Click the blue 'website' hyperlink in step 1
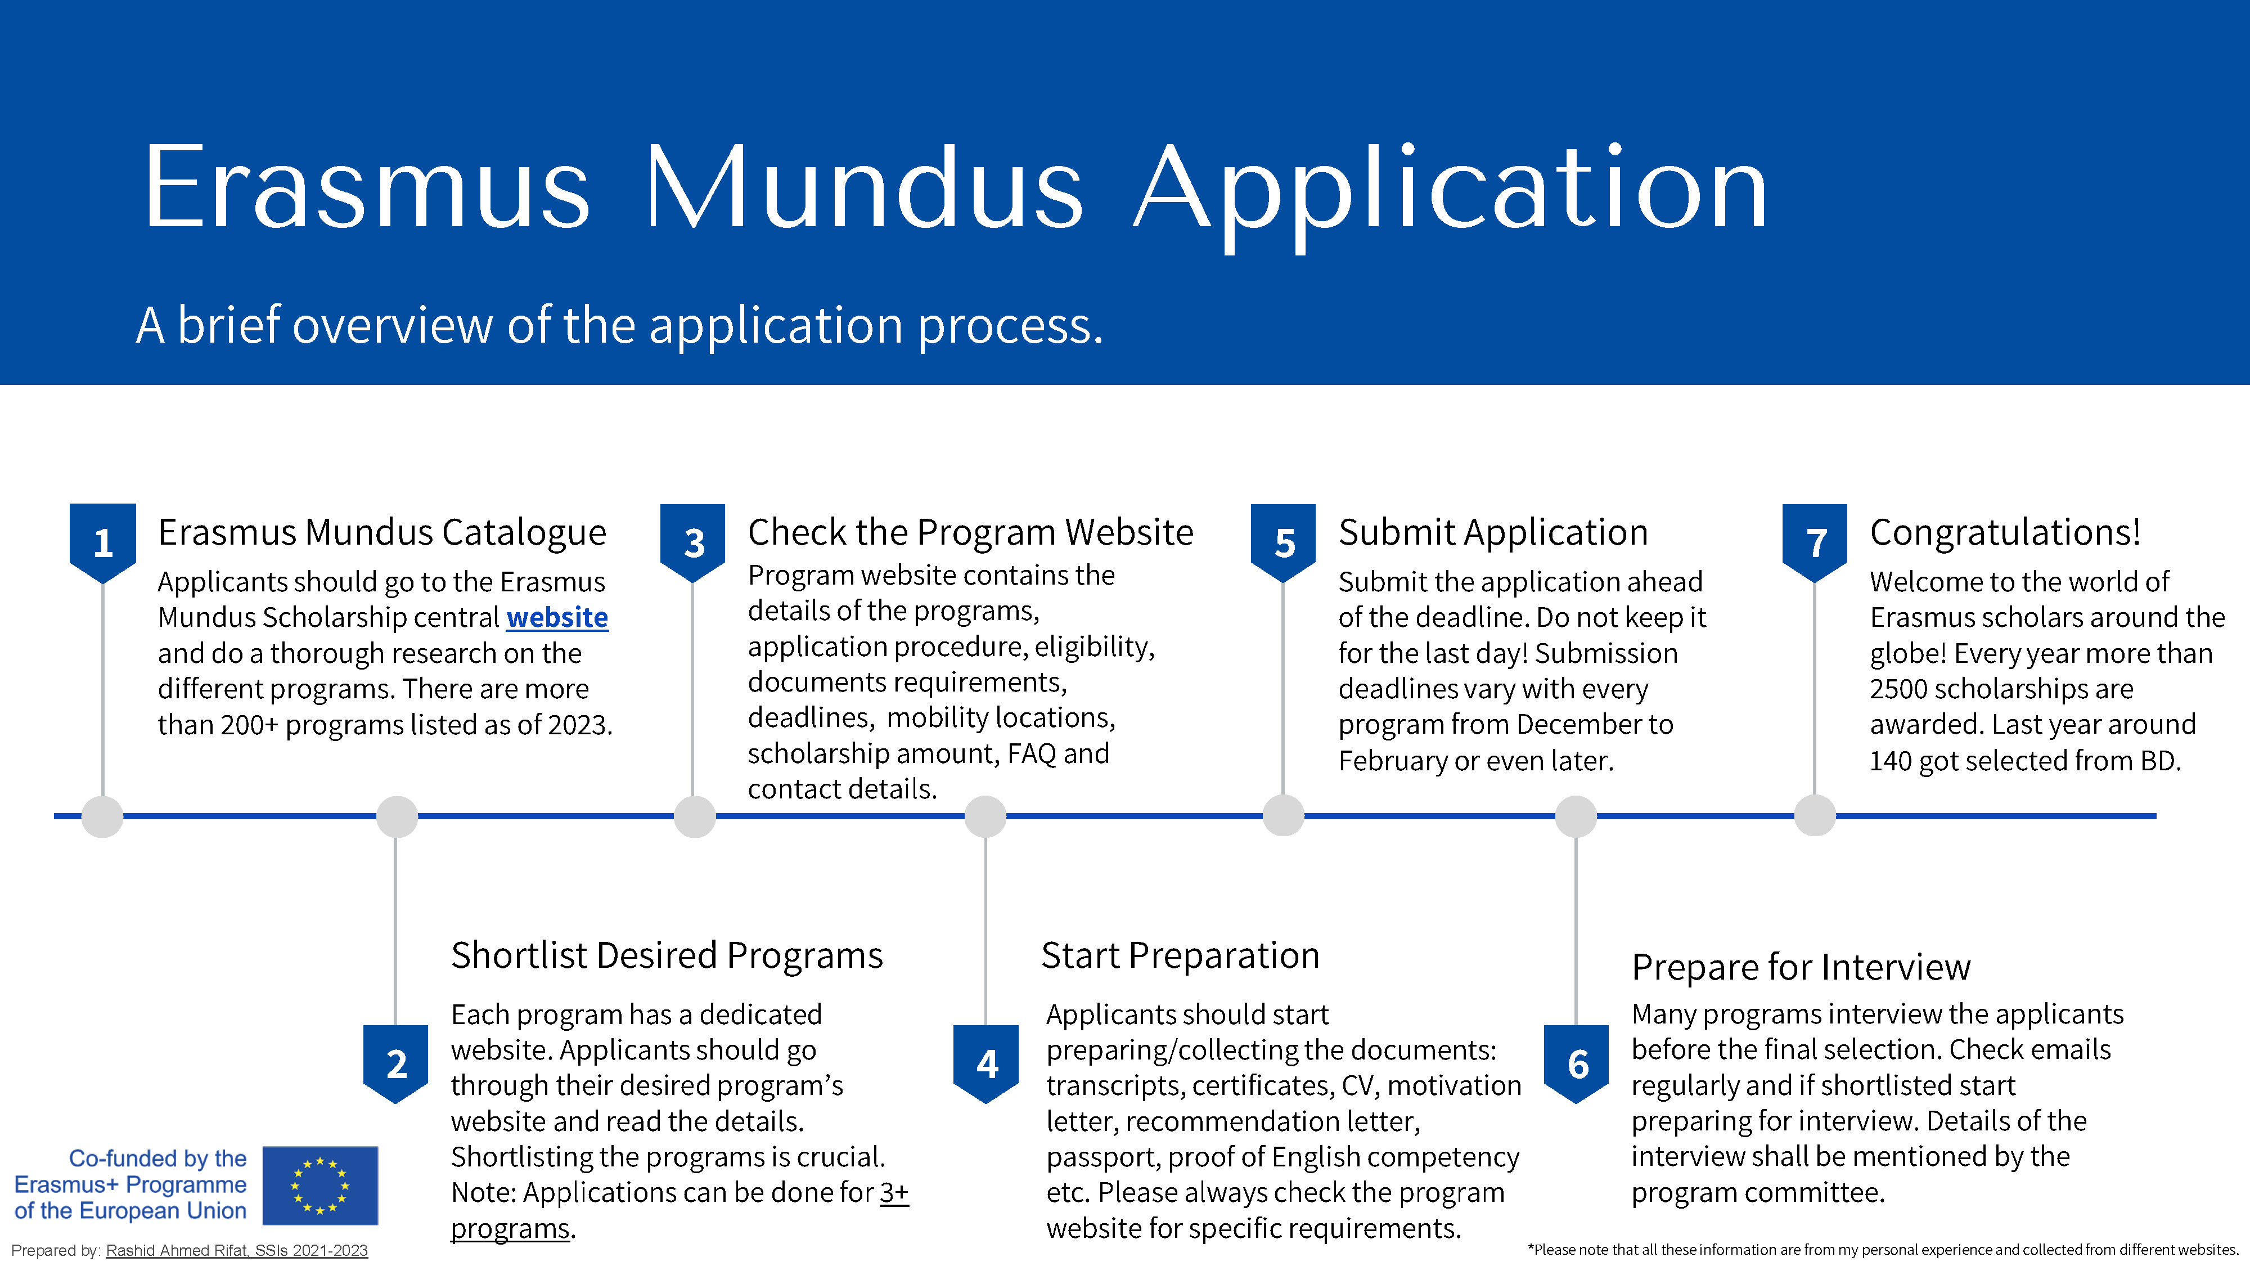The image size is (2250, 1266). (557, 618)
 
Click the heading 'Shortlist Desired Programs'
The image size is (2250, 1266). (667, 955)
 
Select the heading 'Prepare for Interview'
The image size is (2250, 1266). (1801, 967)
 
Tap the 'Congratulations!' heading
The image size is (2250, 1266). (2005, 532)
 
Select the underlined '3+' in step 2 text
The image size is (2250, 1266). (894, 1193)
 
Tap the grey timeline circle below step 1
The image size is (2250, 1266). (102, 817)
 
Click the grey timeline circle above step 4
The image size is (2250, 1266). (985, 817)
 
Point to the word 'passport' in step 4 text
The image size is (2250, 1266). (1102, 1157)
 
